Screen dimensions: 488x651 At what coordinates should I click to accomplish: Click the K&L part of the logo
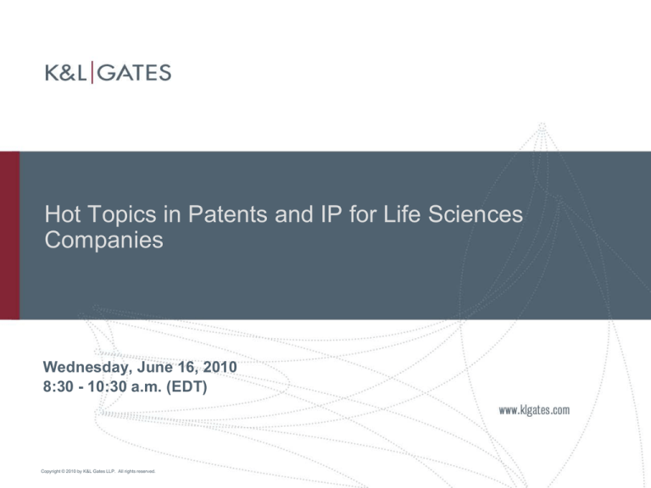coord(65,74)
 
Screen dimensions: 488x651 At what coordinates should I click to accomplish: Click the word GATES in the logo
coord(133,74)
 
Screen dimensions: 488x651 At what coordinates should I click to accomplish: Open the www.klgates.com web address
coord(534,411)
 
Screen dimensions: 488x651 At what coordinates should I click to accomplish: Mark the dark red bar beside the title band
coord(9,235)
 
